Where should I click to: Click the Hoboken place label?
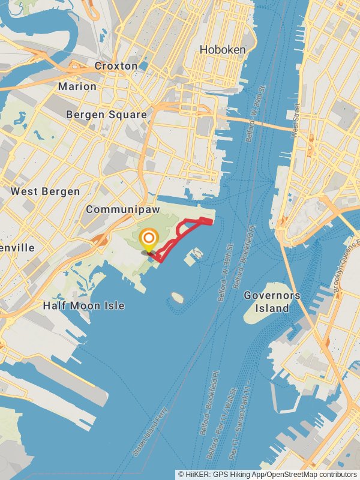(x=223, y=50)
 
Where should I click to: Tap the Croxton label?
(x=116, y=66)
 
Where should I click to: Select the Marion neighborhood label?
(x=77, y=86)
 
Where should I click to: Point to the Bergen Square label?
(x=106, y=114)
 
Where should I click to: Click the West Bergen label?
(x=45, y=191)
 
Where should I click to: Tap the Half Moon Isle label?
(x=84, y=305)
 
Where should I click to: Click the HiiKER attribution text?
(x=267, y=474)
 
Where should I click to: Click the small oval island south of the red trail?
(x=176, y=297)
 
